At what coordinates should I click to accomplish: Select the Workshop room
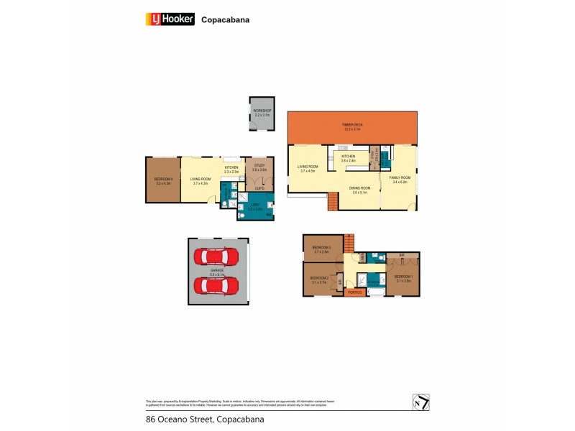261,113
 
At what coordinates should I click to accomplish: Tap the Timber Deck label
352,127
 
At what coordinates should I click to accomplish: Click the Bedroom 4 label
162,182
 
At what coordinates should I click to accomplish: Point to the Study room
259,167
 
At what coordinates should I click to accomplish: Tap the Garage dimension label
216,272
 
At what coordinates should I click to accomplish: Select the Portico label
354,292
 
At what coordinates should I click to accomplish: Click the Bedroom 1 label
402,278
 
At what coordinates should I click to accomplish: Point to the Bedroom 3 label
320,250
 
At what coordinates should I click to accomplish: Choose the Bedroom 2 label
319,280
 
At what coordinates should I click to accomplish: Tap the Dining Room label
359,190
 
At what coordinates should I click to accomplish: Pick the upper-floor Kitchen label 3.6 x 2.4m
349,158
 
